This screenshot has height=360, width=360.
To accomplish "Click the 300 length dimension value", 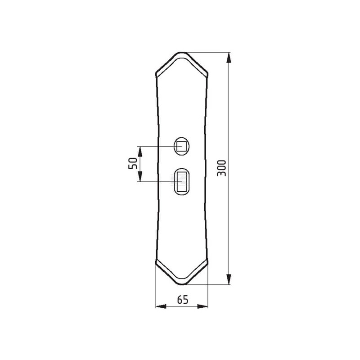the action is [221, 168].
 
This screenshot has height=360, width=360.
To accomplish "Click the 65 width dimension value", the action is [183, 300].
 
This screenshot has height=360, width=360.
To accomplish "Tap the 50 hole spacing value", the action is [133, 163].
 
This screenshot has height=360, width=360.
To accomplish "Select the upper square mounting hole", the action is [182, 146].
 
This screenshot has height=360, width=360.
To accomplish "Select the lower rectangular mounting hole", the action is [182, 181].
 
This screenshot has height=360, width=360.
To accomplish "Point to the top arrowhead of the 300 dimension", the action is [229, 58].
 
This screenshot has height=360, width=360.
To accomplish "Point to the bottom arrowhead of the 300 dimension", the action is [229, 279].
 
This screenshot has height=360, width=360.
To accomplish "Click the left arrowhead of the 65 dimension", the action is [161, 306].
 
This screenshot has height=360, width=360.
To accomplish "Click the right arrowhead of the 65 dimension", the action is [202, 306].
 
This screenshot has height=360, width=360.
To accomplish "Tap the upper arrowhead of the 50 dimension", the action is [140, 152].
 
